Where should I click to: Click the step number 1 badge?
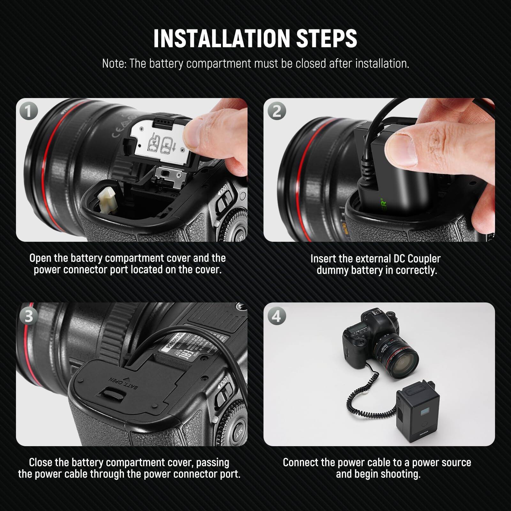[x=29, y=111]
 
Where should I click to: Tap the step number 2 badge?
[x=276, y=111]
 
